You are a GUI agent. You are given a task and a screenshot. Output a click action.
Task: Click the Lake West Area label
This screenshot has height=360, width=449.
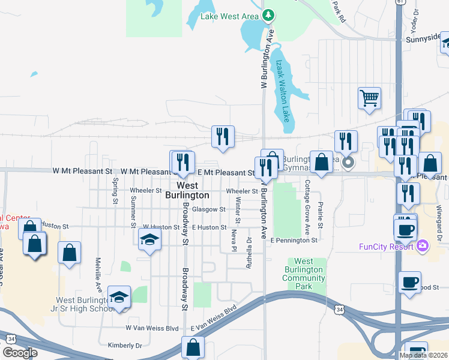[x=230, y=16]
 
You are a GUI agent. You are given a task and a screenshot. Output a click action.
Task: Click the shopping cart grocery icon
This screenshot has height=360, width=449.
[x=369, y=97]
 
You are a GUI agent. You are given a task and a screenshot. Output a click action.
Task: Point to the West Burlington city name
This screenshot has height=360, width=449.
[x=187, y=190]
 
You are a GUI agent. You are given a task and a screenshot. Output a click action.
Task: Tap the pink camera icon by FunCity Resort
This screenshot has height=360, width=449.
[x=423, y=245]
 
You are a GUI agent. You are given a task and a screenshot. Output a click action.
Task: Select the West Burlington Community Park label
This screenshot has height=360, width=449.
[x=303, y=274]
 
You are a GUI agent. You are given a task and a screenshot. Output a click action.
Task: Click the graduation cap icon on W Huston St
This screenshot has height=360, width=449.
[x=149, y=241]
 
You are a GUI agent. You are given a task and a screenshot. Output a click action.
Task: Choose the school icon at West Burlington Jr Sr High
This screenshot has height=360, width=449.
[x=119, y=297]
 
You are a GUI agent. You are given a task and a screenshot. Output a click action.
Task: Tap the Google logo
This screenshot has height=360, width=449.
[x=20, y=352]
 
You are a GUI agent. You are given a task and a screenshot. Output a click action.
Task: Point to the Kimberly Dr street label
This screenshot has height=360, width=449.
[x=125, y=346]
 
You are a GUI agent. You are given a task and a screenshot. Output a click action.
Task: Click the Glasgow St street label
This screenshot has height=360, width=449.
[x=213, y=209]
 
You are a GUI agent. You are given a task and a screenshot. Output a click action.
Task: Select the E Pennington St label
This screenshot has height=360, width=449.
[x=294, y=240]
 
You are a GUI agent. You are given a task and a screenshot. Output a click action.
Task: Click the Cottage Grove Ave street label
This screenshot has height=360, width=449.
[x=307, y=207]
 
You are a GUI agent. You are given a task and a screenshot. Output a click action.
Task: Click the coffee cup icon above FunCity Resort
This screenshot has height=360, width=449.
[x=405, y=229]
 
